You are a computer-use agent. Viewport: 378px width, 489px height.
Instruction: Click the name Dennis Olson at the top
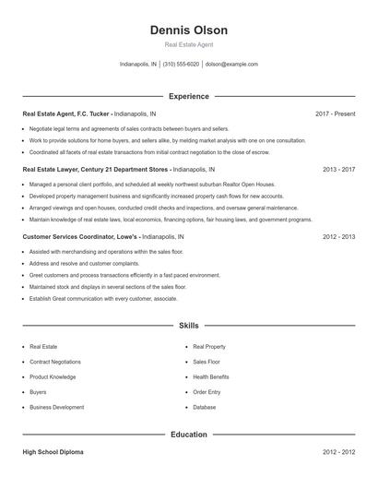coord(189,30)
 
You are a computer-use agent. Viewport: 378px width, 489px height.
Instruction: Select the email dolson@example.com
coord(231,65)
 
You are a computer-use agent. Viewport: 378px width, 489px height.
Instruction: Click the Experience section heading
coord(189,96)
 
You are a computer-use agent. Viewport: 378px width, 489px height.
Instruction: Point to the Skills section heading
coord(189,326)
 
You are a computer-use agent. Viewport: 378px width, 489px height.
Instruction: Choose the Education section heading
coord(189,434)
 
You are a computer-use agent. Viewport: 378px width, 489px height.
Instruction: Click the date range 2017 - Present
coord(335,113)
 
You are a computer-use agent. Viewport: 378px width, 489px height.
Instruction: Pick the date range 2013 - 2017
coord(339,171)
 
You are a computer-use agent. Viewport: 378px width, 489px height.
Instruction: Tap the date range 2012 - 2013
coord(339,237)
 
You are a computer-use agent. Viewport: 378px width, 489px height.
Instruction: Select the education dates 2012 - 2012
coord(339,453)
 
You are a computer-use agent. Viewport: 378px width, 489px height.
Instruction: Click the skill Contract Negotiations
coord(55,362)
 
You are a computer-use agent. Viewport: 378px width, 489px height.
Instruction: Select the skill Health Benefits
coord(211,376)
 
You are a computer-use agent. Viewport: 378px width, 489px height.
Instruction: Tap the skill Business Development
coord(56,407)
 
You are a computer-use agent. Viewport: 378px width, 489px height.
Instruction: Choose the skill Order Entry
coord(207,392)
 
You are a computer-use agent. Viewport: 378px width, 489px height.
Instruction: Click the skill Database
coord(205,407)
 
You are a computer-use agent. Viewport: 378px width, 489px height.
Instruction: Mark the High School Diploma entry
coord(53,453)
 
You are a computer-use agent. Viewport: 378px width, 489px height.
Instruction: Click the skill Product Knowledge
coord(53,376)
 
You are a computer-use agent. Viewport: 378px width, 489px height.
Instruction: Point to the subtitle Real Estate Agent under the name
coord(189,44)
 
